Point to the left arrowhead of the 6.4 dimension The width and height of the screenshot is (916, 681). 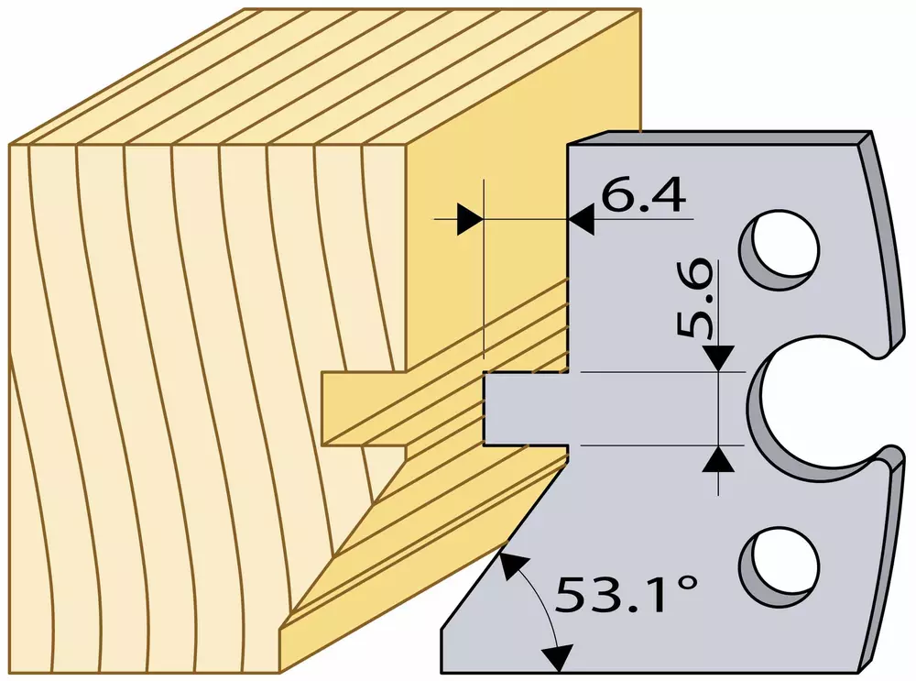[470, 219]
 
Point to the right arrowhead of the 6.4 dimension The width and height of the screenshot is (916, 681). [582, 219]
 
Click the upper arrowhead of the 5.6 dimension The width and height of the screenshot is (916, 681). [718, 357]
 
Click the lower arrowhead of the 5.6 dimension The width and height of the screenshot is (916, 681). [718, 459]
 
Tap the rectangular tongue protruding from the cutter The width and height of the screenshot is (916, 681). [526, 408]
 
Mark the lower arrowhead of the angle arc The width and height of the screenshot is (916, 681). [556, 657]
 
